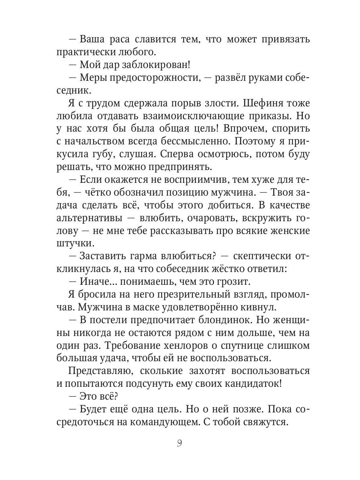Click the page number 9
(179, 444)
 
